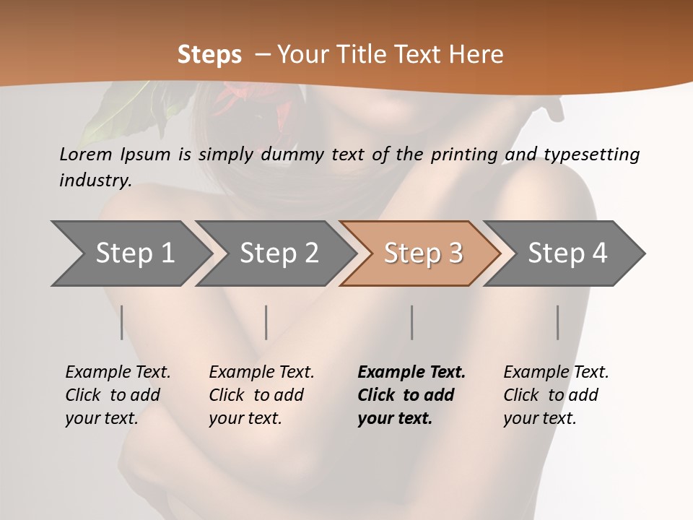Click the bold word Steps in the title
(x=209, y=55)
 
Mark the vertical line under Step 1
(x=122, y=322)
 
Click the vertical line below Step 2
(x=266, y=322)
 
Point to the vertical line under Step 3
(x=411, y=322)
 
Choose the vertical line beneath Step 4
(x=557, y=322)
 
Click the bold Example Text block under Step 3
(x=411, y=395)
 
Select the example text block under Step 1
(x=118, y=395)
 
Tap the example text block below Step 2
(x=261, y=395)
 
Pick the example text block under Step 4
(x=556, y=395)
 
